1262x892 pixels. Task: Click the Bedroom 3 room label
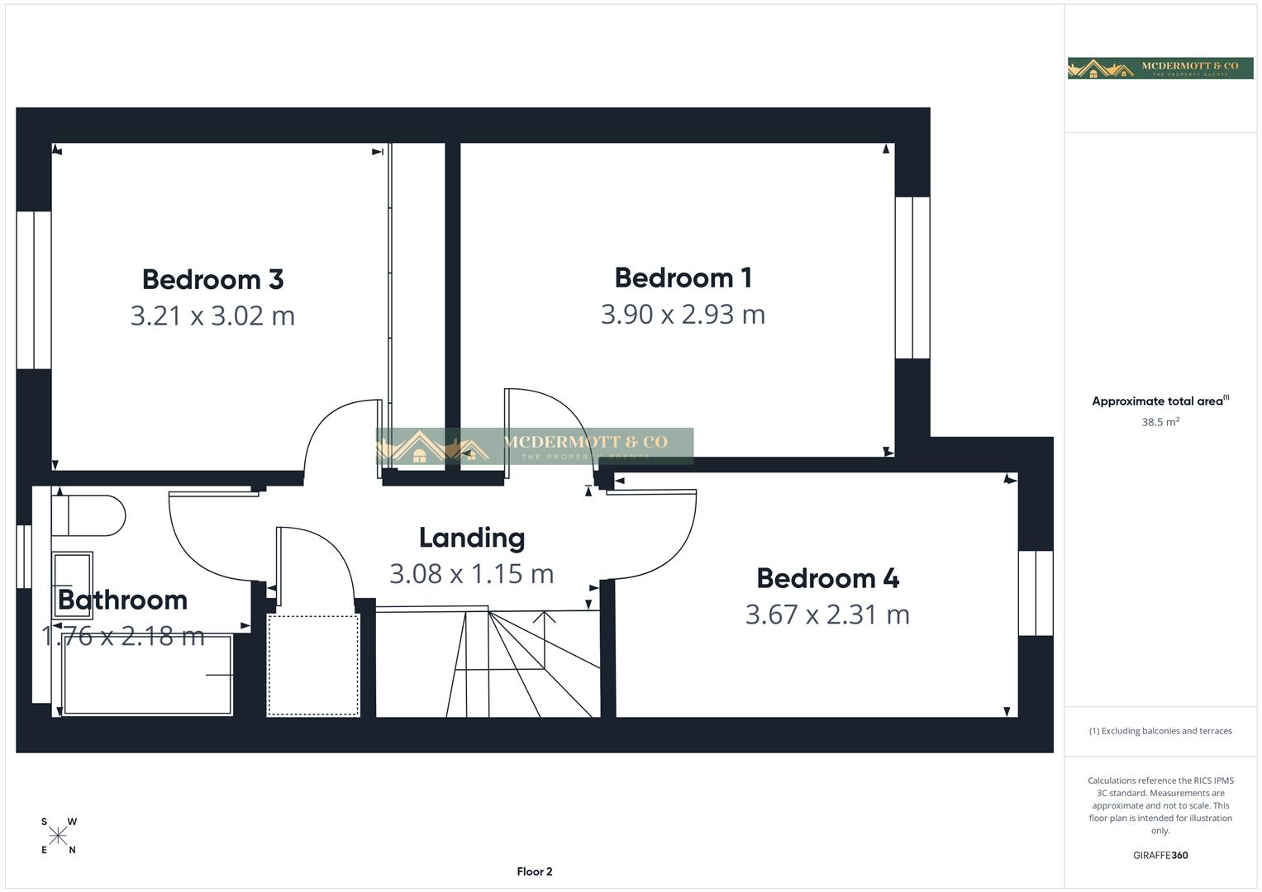point(212,279)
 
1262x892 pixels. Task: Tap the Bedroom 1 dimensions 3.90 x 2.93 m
point(683,315)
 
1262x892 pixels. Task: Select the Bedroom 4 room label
point(827,578)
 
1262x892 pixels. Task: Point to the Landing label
point(472,538)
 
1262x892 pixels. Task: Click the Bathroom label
point(122,600)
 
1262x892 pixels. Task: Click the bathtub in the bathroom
point(147,675)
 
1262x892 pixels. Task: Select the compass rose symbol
point(58,836)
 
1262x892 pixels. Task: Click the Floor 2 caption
point(535,871)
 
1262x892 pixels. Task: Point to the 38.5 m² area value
point(1160,422)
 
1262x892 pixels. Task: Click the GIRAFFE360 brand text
point(1160,855)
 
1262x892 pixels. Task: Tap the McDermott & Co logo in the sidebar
point(1160,68)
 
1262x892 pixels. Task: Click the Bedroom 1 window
point(912,278)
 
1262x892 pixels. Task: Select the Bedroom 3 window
point(34,290)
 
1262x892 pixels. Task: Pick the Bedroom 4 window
point(1036,593)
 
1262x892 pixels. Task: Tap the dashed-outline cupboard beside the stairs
point(313,665)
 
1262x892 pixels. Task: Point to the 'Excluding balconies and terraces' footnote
point(1160,731)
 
